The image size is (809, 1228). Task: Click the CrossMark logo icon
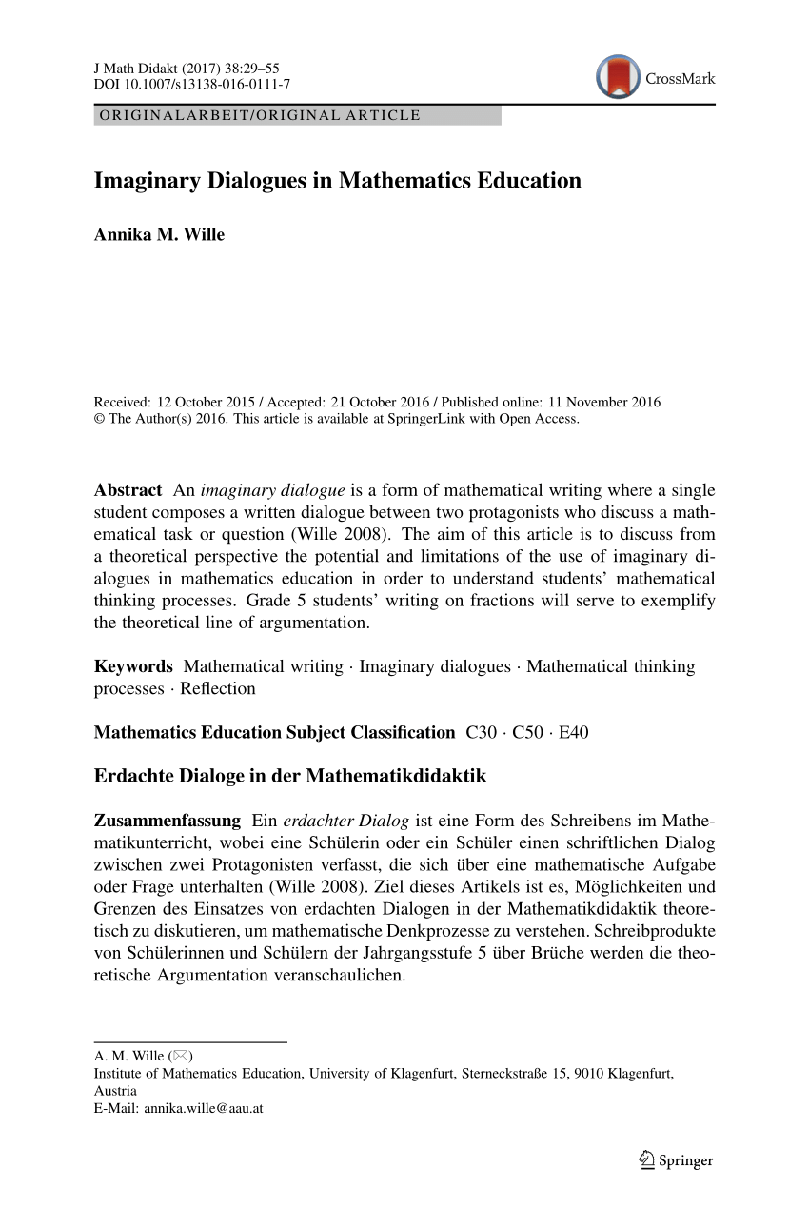618,77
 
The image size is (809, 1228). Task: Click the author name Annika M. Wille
159,234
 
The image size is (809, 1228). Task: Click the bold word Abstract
128,490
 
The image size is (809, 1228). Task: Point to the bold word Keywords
133,666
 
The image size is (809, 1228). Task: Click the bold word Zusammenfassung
168,821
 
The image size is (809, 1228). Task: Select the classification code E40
573,732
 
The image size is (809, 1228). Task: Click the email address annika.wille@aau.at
203,1108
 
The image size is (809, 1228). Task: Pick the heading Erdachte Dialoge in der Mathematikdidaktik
290,776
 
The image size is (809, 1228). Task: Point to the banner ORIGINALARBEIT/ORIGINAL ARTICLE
257,115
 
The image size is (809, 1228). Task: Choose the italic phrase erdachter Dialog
346,821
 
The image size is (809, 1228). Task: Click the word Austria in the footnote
115,1091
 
